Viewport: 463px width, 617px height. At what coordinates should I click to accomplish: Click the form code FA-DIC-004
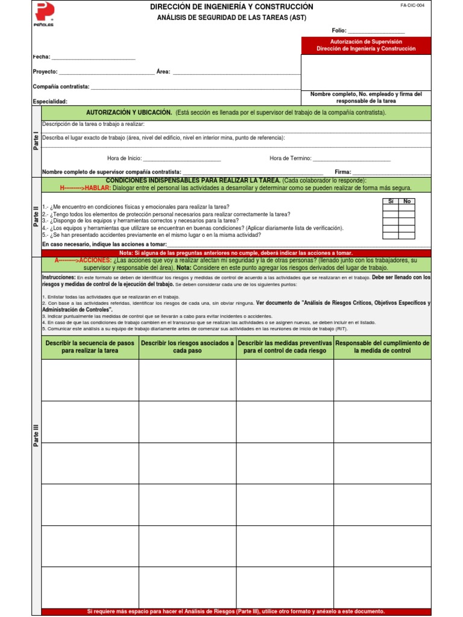click(412, 5)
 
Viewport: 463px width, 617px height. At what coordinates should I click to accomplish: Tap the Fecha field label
click(41, 57)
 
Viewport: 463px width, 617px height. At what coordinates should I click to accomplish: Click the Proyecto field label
click(45, 72)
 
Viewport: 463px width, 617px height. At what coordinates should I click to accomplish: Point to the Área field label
click(163, 72)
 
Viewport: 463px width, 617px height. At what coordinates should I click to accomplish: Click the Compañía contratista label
click(61, 87)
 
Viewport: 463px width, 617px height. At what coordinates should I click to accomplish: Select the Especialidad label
click(50, 102)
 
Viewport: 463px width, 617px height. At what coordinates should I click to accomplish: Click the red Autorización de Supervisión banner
click(366, 45)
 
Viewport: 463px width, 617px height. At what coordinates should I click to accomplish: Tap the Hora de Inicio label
click(124, 158)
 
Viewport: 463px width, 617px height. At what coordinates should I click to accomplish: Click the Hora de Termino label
click(290, 158)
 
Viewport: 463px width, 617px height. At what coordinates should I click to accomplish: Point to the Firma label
click(342, 172)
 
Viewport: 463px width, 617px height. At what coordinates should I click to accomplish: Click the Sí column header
click(390, 201)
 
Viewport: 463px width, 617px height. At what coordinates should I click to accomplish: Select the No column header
click(407, 201)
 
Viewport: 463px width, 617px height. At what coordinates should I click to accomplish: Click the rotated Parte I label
click(36, 143)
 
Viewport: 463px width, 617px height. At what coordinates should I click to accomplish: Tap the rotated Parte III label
click(36, 436)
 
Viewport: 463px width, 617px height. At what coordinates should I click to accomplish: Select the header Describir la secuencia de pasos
click(90, 346)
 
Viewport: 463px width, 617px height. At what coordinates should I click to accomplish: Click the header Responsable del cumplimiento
click(382, 346)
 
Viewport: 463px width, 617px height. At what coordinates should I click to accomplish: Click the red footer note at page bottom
click(236, 611)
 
